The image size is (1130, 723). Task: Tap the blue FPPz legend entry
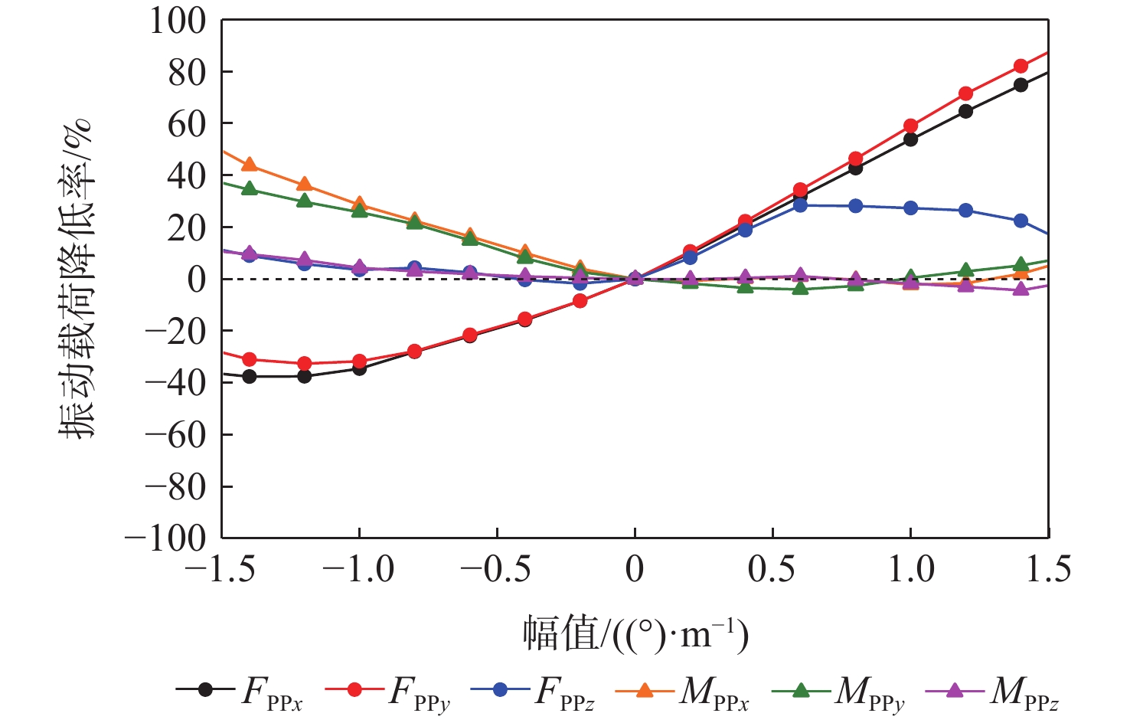coord(532,690)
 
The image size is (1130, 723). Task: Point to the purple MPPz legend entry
coord(992,690)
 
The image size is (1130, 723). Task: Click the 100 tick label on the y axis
coord(178,21)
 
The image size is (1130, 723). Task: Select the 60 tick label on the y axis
coord(187,124)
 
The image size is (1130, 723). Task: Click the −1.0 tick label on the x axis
coord(359,570)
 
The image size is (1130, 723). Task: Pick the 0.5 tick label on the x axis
coord(773,570)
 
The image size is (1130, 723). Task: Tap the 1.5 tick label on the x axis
coord(1047,570)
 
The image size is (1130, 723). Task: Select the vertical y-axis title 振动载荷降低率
coord(77,279)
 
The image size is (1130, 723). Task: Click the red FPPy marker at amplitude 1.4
coord(1021,67)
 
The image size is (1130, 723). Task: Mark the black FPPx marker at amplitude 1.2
coord(965,111)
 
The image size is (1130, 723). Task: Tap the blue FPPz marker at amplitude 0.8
coord(855,206)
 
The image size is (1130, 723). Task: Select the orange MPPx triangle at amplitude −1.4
coord(249,165)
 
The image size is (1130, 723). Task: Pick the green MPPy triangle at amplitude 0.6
coord(800,288)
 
